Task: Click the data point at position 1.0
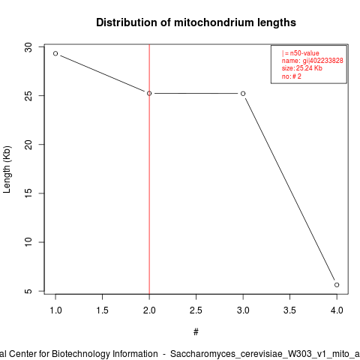(55, 53)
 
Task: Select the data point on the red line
(149, 93)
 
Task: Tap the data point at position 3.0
(243, 94)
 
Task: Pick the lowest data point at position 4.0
(337, 285)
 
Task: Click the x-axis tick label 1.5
(102, 310)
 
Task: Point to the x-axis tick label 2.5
(196, 310)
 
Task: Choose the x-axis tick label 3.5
(289, 310)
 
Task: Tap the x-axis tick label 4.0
(337, 310)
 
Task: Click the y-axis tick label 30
(28, 47)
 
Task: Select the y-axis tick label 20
(28, 145)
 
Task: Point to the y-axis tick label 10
(28, 242)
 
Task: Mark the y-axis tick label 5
(28, 291)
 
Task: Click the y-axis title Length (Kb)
(7, 169)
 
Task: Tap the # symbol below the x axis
(196, 332)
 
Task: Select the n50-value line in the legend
(301, 53)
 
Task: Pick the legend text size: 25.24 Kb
(302, 68)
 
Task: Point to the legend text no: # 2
(292, 76)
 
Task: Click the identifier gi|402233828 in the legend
(322, 61)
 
